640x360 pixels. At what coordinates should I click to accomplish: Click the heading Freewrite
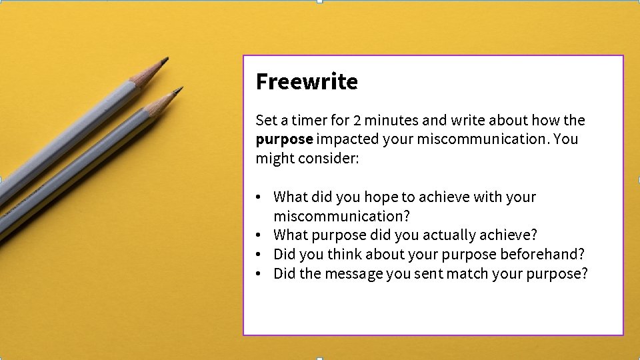[x=307, y=81]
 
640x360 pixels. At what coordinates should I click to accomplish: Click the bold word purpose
[x=284, y=139]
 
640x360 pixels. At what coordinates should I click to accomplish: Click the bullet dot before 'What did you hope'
[x=257, y=197]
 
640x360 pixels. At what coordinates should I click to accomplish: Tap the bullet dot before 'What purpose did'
[x=257, y=235]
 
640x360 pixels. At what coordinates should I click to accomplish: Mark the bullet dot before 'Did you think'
[x=257, y=254]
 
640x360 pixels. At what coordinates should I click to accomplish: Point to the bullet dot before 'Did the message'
[x=257, y=273]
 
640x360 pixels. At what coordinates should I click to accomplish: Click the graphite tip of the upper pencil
[x=165, y=61]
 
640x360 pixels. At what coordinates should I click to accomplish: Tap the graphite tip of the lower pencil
[x=179, y=89]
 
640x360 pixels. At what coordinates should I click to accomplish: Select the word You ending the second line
[x=565, y=139]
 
